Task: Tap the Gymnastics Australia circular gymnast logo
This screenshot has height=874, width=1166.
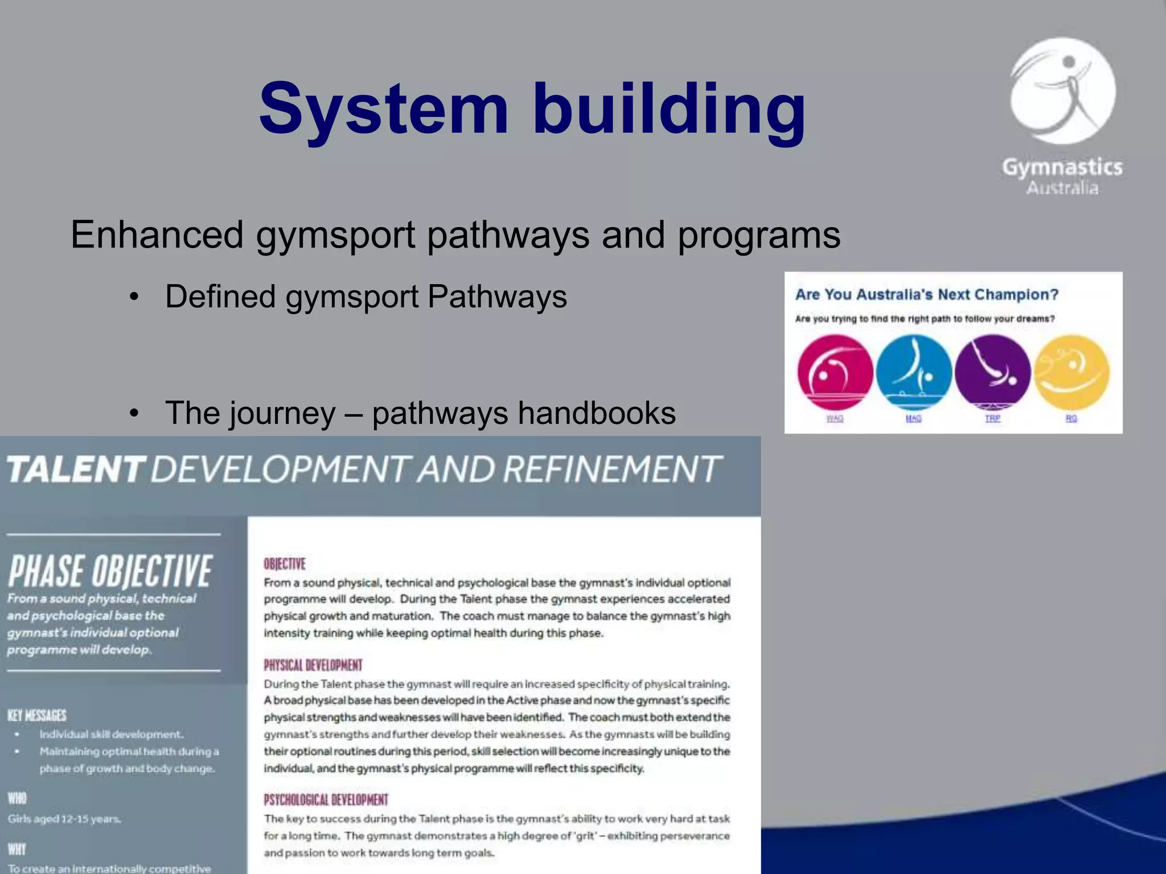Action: click(1063, 91)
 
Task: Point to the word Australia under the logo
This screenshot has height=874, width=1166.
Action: click(1062, 188)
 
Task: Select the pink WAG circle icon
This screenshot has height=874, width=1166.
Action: click(835, 372)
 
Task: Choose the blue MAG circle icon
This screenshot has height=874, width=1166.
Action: click(914, 372)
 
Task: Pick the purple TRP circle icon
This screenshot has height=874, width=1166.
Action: click(992, 372)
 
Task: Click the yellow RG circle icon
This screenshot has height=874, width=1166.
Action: click(1071, 372)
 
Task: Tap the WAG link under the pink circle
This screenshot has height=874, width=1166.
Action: click(835, 419)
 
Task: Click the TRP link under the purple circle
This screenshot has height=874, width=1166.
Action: click(992, 419)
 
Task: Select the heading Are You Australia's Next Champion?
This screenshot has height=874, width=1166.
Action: click(927, 295)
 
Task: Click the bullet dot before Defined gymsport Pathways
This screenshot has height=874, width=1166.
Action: click(134, 297)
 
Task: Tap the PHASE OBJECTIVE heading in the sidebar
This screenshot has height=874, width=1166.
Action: click(110, 571)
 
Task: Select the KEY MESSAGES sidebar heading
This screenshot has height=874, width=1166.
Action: click(37, 715)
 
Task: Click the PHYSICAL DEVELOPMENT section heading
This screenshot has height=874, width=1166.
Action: click(313, 665)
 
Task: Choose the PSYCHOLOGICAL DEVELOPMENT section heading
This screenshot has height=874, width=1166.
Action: click(326, 800)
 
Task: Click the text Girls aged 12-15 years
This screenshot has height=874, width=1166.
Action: click(64, 819)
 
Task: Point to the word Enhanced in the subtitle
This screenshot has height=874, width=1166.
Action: click(157, 234)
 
